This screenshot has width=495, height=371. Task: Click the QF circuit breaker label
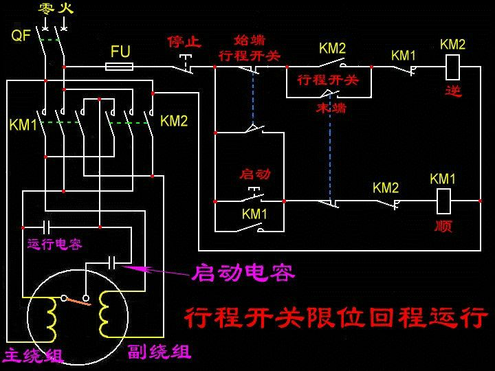pyautogui.click(x=21, y=35)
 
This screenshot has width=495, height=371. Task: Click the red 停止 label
pyautogui.click(x=184, y=41)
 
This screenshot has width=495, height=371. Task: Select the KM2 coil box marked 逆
pyautogui.click(x=452, y=67)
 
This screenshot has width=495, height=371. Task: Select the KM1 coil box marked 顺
pyautogui.click(x=443, y=201)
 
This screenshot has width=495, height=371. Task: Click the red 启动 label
pyautogui.click(x=254, y=174)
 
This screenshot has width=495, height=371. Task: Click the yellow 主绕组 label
pyautogui.click(x=33, y=356)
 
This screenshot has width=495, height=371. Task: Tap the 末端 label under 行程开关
pyautogui.click(x=331, y=109)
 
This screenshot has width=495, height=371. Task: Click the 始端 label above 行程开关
pyautogui.click(x=250, y=41)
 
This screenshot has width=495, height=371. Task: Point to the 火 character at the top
pyautogui.click(x=66, y=9)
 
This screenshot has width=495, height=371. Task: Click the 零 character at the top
pyautogui.click(x=46, y=9)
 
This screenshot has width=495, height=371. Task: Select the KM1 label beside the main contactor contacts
pyautogui.click(x=23, y=125)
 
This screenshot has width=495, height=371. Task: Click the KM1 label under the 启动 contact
pyautogui.click(x=254, y=214)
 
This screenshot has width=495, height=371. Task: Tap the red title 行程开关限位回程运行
pyautogui.click(x=335, y=317)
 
